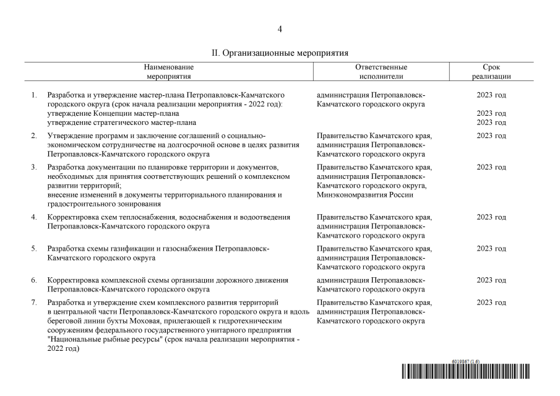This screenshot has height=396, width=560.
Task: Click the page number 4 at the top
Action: [x=280, y=29]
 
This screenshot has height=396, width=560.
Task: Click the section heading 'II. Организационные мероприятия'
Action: [x=280, y=53]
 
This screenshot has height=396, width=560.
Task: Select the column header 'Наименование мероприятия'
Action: [x=168, y=72]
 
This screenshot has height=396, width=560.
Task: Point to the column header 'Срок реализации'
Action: [x=491, y=72]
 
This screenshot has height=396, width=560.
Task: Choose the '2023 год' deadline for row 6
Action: [x=491, y=280]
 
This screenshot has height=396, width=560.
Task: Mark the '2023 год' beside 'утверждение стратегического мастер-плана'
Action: [x=491, y=123]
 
